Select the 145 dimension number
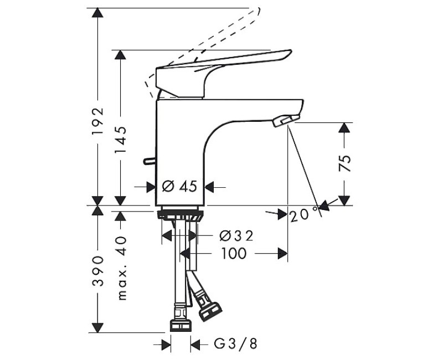point(120,140)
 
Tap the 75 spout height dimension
point(344,163)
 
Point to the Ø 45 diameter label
point(179,187)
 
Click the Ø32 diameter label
point(237,236)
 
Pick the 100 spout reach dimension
point(234,254)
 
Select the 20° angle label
point(303,214)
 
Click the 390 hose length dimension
point(98,271)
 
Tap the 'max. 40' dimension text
point(121,268)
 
